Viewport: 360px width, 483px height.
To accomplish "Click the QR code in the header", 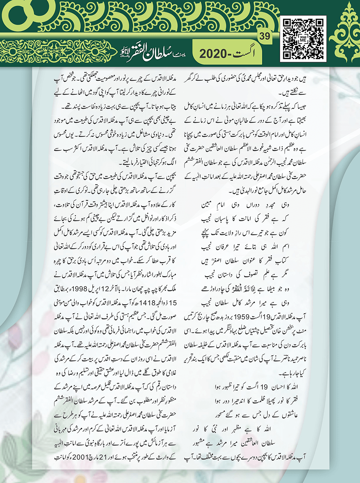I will (303, 39).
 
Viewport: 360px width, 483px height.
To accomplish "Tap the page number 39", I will (265, 36).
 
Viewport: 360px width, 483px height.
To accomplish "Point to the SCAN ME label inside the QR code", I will (303, 39).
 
